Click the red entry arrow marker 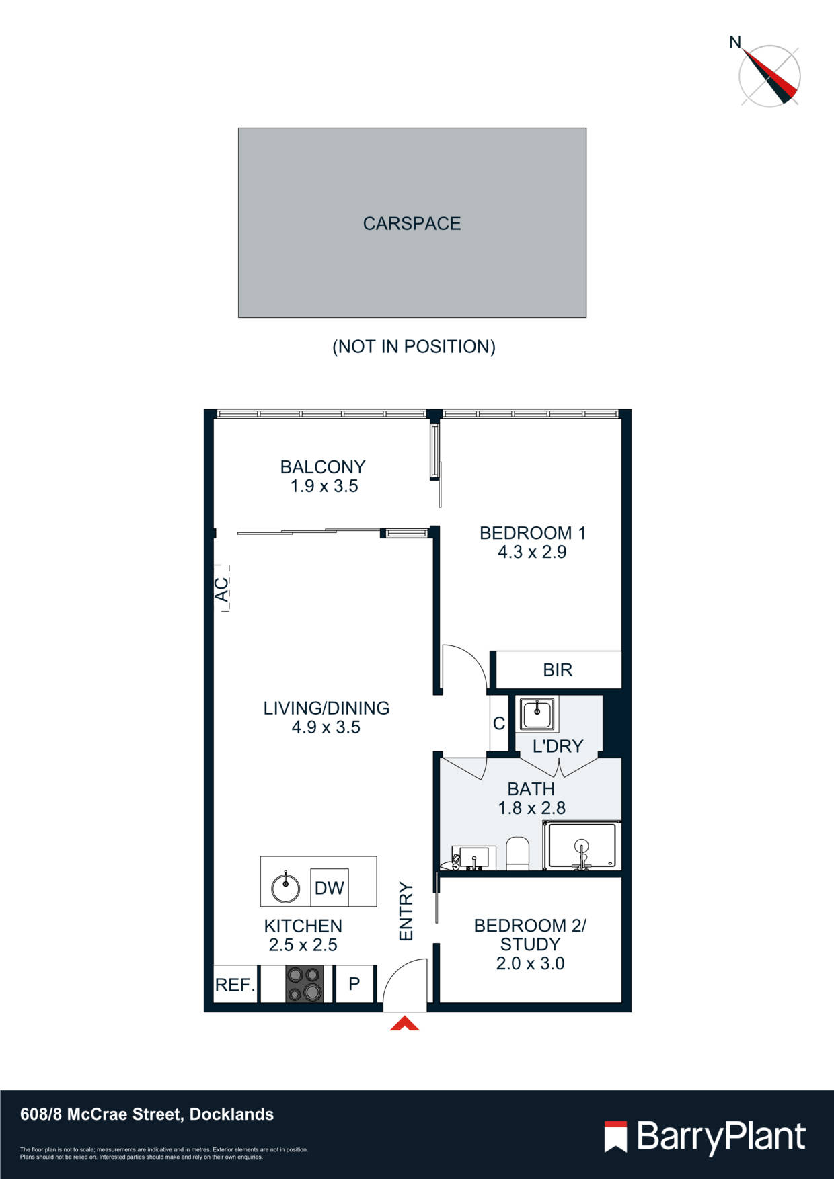click(x=405, y=1024)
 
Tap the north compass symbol click(x=769, y=75)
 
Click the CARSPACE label click(x=412, y=223)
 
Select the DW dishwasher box click(x=329, y=888)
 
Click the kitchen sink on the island click(x=285, y=888)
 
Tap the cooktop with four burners click(x=303, y=984)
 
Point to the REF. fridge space click(x=235, y=985)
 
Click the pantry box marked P click(x=354, y=984)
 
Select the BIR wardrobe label click(x=558, y=669)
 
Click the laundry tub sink click(x=537, y=713)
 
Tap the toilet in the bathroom click(x=517, y=853)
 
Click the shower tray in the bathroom click(x=582, y=846)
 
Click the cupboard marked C click(x=499, y=723)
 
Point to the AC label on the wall click(x=221, y=589)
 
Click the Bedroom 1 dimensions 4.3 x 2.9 click(x=532, y=553)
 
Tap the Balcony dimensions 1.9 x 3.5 click(x=324, y=486)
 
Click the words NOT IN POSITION click(x=414, y=347)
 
